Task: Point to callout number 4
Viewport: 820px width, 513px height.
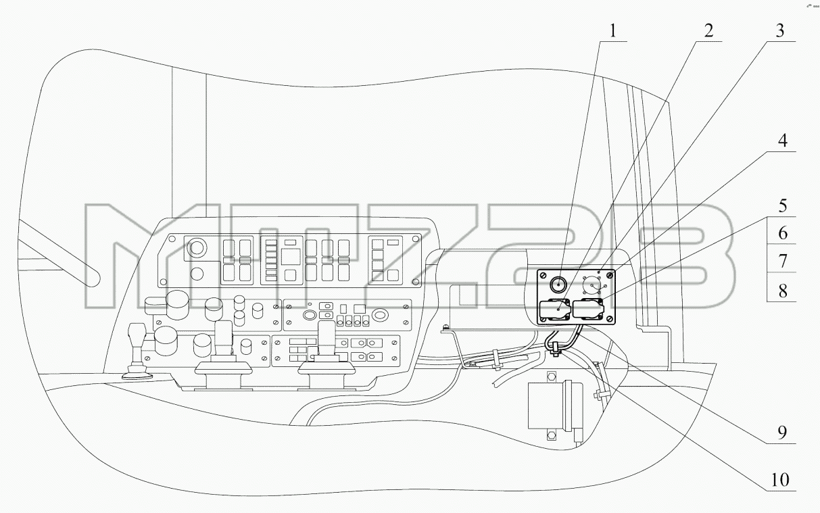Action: pos(782,141)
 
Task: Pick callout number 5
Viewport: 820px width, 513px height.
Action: pos(783,206)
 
